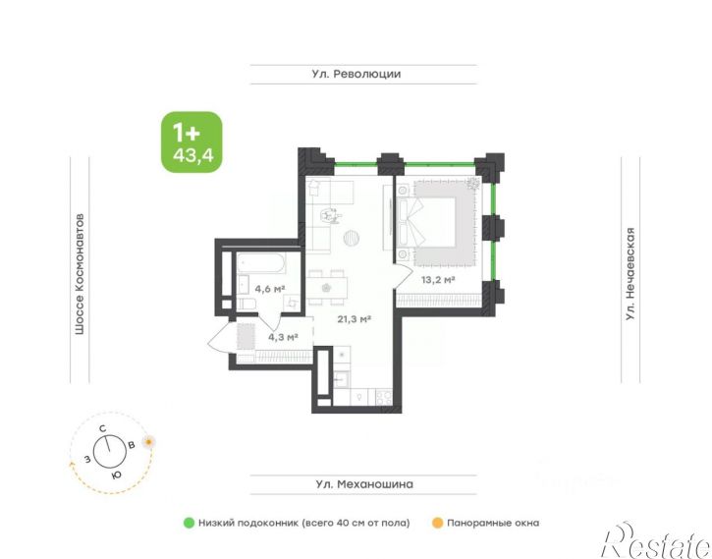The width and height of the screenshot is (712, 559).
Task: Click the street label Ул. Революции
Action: pos(356,74)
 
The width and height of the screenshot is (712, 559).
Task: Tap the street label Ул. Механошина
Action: pos(364,484)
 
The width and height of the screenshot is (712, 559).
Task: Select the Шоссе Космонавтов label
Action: pos(80,274)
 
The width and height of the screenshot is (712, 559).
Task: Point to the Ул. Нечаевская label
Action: pos(630,274)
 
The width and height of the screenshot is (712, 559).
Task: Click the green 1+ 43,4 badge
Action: pos(192,142)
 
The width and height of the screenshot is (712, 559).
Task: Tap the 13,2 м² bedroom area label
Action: pos(438,280)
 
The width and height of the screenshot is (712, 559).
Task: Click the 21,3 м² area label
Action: pos(355,319)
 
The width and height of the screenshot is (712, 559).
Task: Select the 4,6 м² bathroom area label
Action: pos(270,289)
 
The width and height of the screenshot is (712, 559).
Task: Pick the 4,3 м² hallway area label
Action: pos(283,337)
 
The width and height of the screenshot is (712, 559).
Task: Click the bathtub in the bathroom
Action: pos(261,263)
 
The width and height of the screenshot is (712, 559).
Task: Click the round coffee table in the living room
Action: pos(352,238)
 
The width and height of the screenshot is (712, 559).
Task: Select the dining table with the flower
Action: pos(326,288)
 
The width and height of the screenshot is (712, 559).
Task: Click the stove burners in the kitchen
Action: pos(384,398)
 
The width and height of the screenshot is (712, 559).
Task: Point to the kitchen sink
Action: pos(341,379)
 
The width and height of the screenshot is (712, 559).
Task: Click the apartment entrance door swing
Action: pos(222,336)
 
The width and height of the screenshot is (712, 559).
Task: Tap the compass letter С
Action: pos(102,428)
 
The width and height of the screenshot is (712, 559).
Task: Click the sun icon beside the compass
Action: pos(148,442)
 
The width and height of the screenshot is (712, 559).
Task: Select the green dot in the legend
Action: pos(189,523)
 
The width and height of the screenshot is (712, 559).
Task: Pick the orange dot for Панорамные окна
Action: pos(437,523)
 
